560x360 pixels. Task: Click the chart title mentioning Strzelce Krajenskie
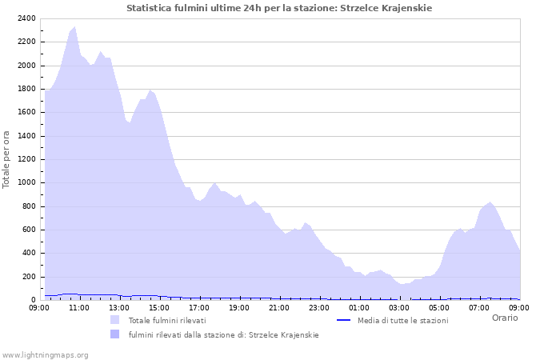[x=279, y=8]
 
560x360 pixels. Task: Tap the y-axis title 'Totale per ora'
[x=7, y=159]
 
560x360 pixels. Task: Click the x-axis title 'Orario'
[x=504, y=318]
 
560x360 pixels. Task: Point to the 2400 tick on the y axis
[x=25, y=18]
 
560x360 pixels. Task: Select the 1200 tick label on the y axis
[x=25, y=159]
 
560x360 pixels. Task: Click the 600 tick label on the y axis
[x=28, y=230]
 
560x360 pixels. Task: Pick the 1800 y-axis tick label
[x=25, y=89]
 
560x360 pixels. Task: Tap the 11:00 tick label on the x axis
[x=79, y=307]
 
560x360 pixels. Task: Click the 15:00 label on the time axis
[x=159, y=307]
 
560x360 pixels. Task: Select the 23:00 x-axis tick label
[x=319, y=307]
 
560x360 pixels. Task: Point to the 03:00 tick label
[x=399, y=307]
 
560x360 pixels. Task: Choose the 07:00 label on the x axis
[x=479, y=307]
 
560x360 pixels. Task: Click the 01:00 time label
[x=359, y=307]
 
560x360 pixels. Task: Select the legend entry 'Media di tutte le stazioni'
[x=402, y=321]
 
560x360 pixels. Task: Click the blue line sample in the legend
[x=344, y=320]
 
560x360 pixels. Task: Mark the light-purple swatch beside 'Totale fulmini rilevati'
[x=115, y=320]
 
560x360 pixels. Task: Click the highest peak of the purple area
[x=74, y=27]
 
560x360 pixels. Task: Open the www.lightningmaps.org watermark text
[x=45, y=354]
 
